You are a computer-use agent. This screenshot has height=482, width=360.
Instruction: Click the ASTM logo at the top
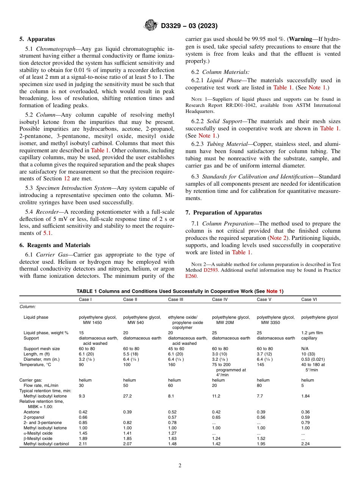pos(151,26)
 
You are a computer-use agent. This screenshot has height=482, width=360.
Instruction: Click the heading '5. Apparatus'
pos(37,39)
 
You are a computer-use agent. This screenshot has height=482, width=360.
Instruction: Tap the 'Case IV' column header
pos(220,299)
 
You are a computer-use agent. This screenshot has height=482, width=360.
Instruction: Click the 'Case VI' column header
pos(309,299)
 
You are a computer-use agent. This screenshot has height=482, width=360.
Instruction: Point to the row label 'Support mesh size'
pos(41,349)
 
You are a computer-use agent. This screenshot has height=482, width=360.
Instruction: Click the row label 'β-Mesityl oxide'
pos(38,438)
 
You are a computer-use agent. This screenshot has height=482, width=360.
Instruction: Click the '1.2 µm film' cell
pos(312,333)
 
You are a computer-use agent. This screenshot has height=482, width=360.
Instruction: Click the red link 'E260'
pos(191,276)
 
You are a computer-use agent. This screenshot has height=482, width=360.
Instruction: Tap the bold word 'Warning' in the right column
pos(301,39)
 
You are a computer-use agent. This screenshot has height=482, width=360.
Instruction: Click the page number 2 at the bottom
pos(180,466)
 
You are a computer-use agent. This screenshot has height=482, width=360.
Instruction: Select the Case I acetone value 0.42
pos(83,412)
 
